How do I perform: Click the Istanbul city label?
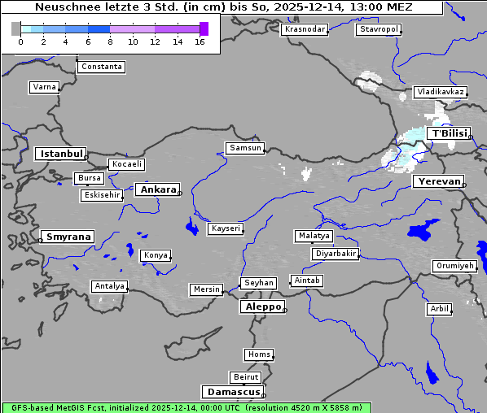click(61, 154)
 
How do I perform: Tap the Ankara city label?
click(158, 189)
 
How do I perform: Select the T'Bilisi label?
click(449, 133)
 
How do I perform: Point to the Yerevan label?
click(438, 181)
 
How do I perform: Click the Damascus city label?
click(232, 392)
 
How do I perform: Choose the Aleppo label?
click(261, 307)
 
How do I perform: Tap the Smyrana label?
click(68, 237)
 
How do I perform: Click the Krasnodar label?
click(305, 29)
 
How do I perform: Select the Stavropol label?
click(379, 29)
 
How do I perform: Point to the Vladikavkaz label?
click(440, 92)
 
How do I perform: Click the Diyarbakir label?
click(335, 254)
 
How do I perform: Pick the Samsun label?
click(245, 148)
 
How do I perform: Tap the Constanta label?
click(102, 67)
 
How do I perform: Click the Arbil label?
click(439, 309)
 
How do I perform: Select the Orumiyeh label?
click(454, 266)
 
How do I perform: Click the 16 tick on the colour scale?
click(200, 41)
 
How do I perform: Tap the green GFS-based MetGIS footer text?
click(186, 407)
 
